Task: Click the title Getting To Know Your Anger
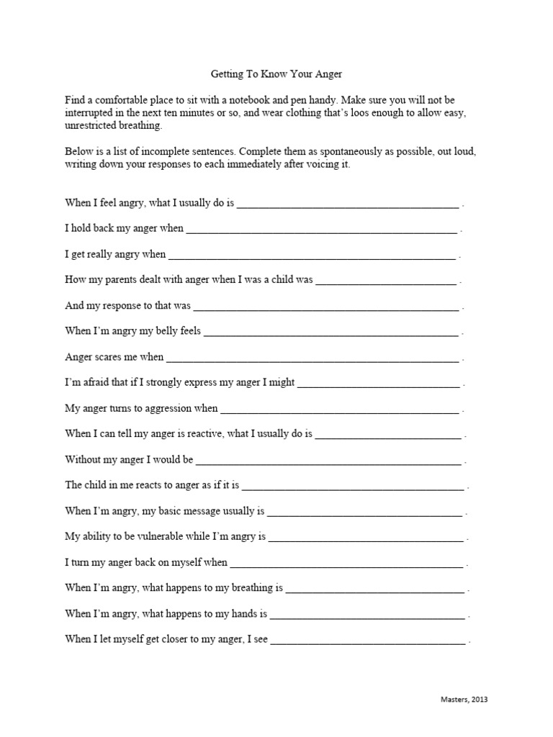coord(277,74)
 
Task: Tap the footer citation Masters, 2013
coord(467,699)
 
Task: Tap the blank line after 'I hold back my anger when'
coord(321,230)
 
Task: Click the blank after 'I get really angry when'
coord(312,255)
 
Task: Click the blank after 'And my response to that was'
coord(325,306)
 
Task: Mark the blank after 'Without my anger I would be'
coord(328,460)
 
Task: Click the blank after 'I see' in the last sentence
coord(367,639)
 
